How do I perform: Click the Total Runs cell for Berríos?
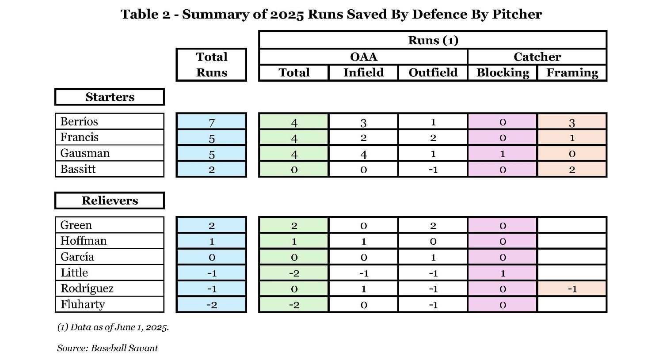211,121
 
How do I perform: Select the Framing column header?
572,72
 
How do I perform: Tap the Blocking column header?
503,72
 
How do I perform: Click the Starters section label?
110,97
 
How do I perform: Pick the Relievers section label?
110,201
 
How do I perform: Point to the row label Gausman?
85,153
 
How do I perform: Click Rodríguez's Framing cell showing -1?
572,289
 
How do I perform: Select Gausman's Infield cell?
363,154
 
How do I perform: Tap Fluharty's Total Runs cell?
211,305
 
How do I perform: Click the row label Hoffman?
84,241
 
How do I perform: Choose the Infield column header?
363,72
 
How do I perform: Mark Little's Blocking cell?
503,273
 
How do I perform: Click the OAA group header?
363,57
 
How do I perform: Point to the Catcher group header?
537,57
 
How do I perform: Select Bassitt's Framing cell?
572,170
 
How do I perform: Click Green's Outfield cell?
433,225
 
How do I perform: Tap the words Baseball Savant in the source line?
124,348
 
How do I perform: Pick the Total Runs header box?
211,64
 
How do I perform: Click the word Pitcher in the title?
517,14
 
